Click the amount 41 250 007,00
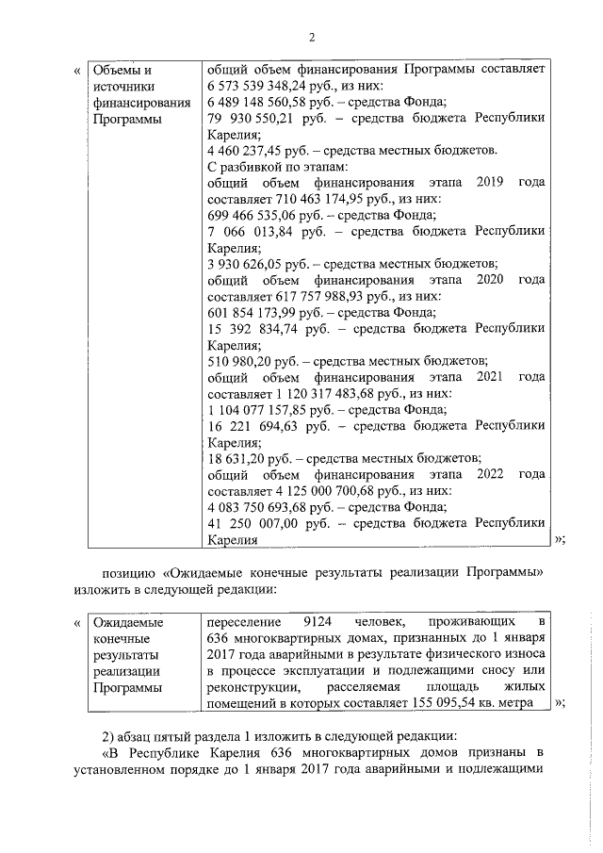[x=250, y=523]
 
